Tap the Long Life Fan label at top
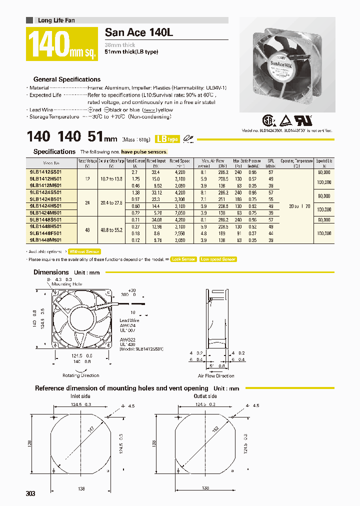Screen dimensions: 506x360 click(56, 20)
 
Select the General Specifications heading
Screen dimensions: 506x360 click(66, 79)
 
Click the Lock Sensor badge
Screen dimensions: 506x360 click(183, 259)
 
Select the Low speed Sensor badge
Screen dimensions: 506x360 click(217, 259)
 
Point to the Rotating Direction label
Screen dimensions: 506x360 click(80, 375)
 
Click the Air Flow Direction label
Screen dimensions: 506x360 click(216, 375)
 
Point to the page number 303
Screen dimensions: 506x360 click(30, 494)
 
